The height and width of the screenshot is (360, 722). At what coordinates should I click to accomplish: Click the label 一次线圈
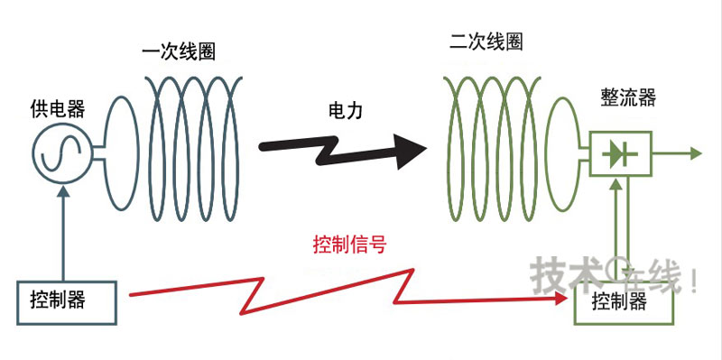pyautogui.click(x=179, y=51)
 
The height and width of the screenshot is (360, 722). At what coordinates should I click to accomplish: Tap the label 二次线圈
pyautogui.click(x=486, y=42)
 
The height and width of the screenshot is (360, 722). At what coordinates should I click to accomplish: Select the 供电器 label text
pyautogui.click(x=57, y=109)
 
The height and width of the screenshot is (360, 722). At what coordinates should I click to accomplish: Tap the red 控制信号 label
pyautogui.click(x=349, y=244)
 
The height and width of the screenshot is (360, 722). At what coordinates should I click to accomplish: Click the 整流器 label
pyautogui.click(x=624, y=98)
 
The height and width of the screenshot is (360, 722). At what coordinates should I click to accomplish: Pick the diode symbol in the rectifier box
pyautogui.click(x=620, y=154)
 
